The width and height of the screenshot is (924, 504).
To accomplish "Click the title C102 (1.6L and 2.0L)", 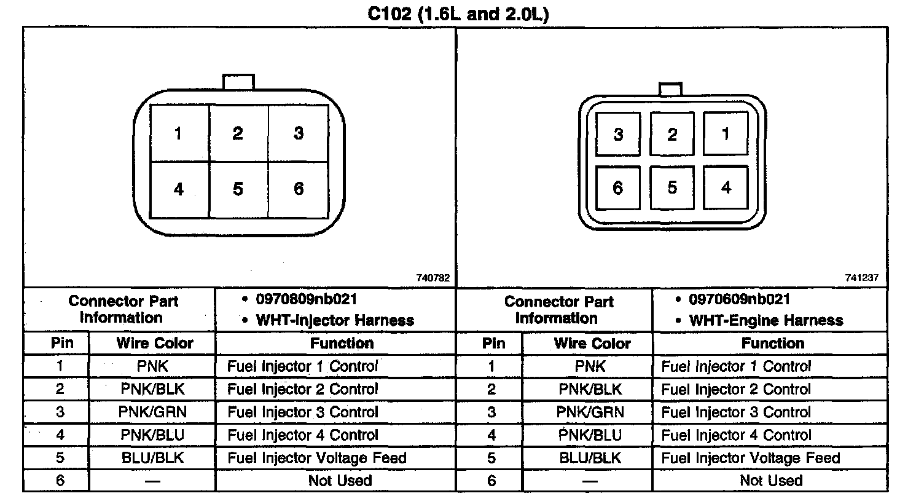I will tap(458, 14).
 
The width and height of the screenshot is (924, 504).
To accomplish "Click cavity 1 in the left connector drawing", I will tap(178, 133).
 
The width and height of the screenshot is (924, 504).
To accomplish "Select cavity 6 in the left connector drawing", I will tap(299, 189).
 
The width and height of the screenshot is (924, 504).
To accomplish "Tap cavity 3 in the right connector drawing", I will tap(618, 135).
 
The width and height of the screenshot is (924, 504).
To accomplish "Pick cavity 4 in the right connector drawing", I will tap(726, 187).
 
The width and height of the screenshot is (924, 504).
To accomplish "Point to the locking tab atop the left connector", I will tap(238, 82).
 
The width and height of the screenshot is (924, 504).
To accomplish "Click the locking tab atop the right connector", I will tap(670, 89).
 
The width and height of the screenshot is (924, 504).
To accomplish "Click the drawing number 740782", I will tap(433, 278).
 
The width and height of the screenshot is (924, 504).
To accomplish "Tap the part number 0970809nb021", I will tap(306, 299).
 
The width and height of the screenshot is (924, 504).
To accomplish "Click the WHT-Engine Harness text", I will tap(765, 320).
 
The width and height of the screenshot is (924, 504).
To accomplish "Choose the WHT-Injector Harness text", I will tap(334, 320).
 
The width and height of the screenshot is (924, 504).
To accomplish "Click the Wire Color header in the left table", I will tap(155, 343).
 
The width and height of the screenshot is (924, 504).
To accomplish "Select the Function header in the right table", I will tap(772, 343).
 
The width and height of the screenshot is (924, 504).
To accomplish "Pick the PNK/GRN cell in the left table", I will tap(152, 412).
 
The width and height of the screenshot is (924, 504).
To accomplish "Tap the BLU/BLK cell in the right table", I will tap(590, 458).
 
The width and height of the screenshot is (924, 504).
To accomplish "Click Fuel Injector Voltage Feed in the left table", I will tap(317, 458).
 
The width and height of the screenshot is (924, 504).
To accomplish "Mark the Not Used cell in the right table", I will tap(771, 481).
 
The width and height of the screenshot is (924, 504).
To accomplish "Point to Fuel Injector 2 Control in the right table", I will tap(736, 389).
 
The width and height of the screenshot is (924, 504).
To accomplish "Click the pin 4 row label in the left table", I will tap(60, 435).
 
